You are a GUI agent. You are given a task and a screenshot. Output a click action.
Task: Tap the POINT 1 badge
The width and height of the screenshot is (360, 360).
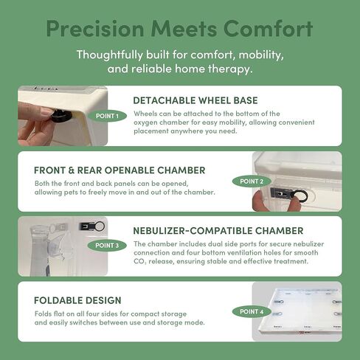[x=108, y=116]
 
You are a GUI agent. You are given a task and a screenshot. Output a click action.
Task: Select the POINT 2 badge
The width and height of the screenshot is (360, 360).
[x=252, y=181]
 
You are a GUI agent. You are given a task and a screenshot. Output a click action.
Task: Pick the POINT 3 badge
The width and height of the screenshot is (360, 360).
[x=106, y=245]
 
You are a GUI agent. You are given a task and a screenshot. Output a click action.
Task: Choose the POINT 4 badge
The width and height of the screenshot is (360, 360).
[x=252, y=311]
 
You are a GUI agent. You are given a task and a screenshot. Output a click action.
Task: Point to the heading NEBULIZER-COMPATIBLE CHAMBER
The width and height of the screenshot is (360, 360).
[x=218, y=230]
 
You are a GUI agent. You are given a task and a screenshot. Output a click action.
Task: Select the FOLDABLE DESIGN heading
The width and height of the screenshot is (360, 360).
[x=77, y=300]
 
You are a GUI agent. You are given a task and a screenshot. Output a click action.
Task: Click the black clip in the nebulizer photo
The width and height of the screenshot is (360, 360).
[x=91, y=226]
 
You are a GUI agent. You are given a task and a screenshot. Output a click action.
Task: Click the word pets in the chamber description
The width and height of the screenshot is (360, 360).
[x=96, y=193]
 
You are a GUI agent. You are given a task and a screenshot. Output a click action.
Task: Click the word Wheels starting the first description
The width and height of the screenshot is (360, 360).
[x=146, y=114]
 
